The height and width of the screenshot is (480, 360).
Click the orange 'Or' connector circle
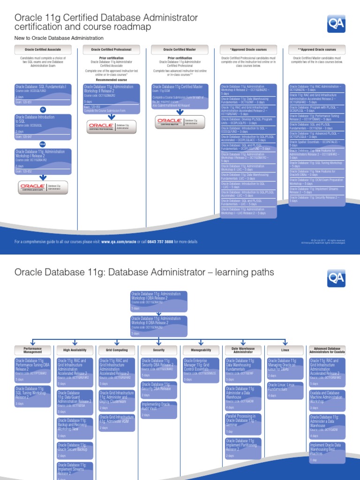point(43,109)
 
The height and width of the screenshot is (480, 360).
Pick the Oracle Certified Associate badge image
point(43,187)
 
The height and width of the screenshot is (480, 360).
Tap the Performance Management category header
point(33,350)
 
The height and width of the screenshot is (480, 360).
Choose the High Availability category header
point(75,350)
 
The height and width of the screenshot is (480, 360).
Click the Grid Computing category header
point(117,350)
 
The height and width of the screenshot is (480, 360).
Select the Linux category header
point(285,350)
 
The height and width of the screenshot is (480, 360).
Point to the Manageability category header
point(201,350)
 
